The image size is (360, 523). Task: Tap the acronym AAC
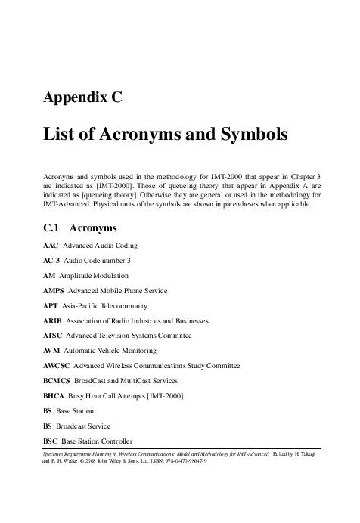51,246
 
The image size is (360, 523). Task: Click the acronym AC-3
52,261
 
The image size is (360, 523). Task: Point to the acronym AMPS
54,291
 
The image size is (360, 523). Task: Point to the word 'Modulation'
110,277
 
